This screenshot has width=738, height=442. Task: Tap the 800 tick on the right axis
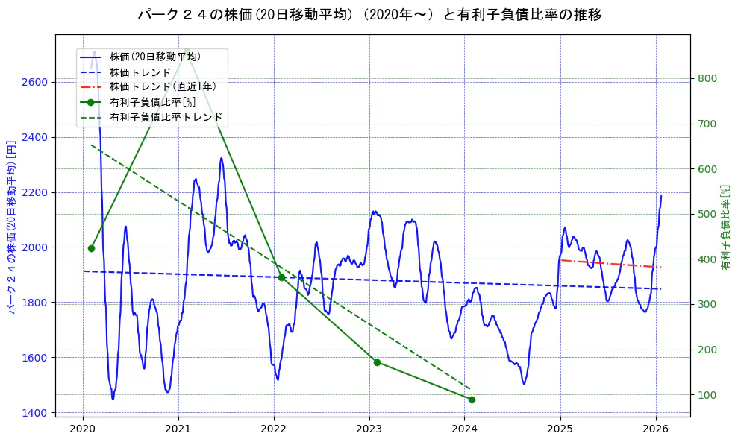707,79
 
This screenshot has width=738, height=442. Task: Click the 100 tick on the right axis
707,395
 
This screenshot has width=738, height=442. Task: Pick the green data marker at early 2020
91,248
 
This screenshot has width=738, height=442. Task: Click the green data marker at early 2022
281,277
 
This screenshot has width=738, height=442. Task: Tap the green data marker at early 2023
377,362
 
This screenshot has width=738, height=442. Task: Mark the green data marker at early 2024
472,400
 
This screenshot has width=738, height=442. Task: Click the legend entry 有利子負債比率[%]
152,102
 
